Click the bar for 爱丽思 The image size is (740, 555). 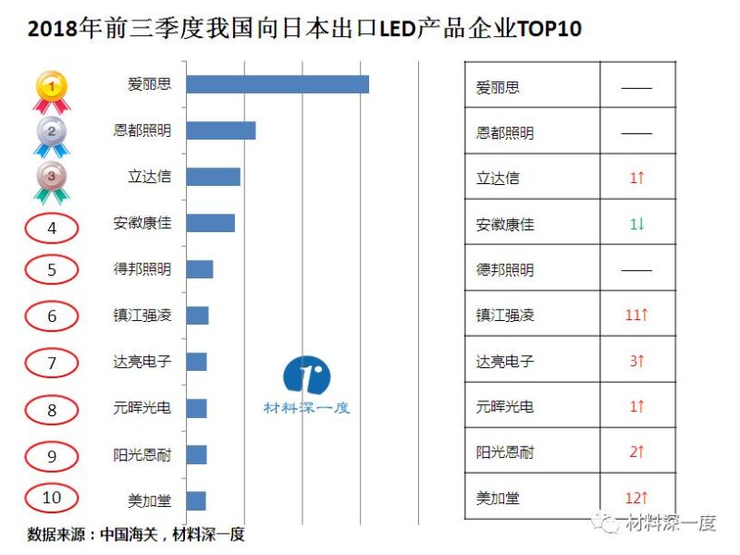tap(277, 84)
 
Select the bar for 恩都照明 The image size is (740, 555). tap(220, 130)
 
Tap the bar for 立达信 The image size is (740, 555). tap(213, 177)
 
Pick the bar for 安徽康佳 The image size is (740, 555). tap(210, 223)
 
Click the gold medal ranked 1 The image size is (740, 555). tap(52, 90)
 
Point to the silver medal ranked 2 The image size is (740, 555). tap(52, 135)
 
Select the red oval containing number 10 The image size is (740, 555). tap(52, 498)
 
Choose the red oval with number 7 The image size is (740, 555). tap(52, 363)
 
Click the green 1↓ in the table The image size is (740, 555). tap(636, 224)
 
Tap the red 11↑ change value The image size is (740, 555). tap(636, 315)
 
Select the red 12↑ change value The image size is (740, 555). tap(636, 499)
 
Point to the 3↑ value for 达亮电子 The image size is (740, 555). tap(636, 362)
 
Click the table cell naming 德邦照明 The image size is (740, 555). tap(505, 270)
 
